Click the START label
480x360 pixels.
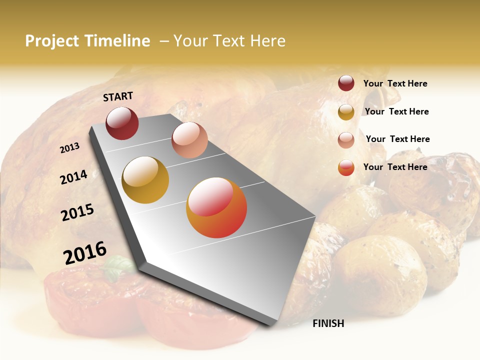point(118,96)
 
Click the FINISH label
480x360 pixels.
point(328,323)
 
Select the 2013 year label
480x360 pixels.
point(69,148)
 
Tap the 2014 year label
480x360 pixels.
point(73,177)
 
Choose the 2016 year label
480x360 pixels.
point(85,252)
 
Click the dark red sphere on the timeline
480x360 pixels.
point(122,123)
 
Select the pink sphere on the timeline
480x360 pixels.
point(189,140)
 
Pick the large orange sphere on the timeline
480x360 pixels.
point(216,207)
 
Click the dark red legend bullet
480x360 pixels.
point(346,83)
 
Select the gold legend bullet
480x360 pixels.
point(346,112)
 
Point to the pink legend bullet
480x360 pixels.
point(346,140)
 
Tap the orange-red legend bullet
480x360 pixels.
point(346,167)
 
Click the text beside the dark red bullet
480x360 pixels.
point(395,83)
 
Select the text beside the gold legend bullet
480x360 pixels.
point(396,111)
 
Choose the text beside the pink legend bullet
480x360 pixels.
point(397,139)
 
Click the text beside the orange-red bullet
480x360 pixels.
point(395,167)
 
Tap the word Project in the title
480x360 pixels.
point(52,41)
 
